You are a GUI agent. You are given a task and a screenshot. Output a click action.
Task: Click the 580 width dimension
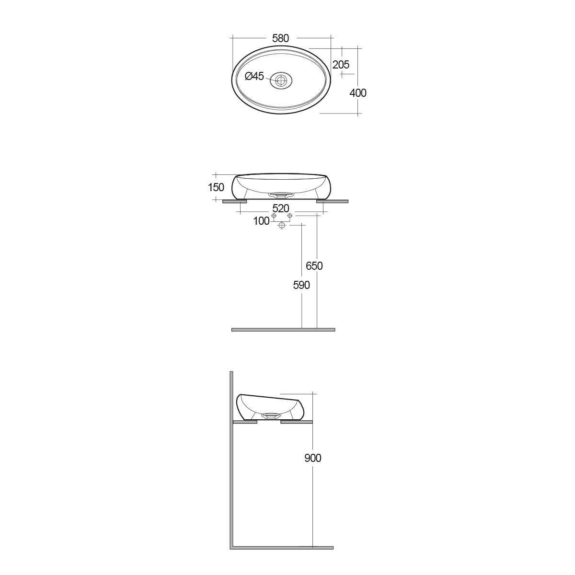pyautogui.click(x=280, y=38)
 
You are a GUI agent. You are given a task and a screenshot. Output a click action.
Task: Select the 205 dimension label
pyautogui.click(x=341, y=65)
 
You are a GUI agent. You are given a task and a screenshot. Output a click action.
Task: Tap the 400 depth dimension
pyautogui.click(x=358, y=93)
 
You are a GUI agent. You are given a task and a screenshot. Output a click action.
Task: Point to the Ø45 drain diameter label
pyautogui.click(x=254, y=76)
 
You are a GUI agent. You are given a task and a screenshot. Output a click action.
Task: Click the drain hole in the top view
pyautogui.click(x=281, y=80)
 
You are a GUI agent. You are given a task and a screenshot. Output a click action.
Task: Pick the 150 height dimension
pyautogui.click(x=216, y=187)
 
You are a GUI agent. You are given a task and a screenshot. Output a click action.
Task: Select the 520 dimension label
pyautogui.click(x=281, y=208)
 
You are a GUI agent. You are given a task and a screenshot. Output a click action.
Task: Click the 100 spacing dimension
pyautogui.click(x=261, y=221)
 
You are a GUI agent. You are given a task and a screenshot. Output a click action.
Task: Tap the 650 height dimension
pyautogui.click(x=314, y=266)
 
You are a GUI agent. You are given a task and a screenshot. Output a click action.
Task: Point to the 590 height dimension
pyautogui.click(x=301, y=285)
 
